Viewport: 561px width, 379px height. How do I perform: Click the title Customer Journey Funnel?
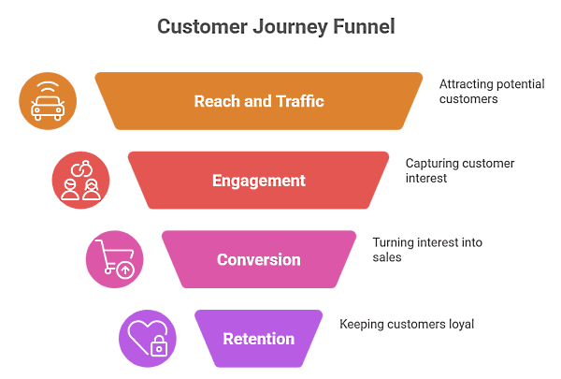click(276, 26)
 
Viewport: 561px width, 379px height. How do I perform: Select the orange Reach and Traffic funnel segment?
click(259, 101)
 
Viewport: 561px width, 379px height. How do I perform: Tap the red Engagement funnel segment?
click(259, 181)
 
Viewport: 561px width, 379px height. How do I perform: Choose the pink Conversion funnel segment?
click(259, 259)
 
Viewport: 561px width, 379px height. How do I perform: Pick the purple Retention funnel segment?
click(259, 338)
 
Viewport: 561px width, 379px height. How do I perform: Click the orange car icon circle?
click(48, 100)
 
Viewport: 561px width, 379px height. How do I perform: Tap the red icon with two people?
click(80, 180)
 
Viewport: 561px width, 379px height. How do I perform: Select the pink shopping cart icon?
click(114, 259)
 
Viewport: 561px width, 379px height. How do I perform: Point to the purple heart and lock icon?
click(148, 338)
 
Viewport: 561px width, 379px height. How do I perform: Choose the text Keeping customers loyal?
click(407, 325)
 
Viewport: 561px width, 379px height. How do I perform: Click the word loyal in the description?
click(459, 325)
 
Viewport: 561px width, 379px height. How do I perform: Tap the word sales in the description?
click(387, 256)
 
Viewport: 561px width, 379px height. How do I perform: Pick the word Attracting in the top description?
click(467, 84)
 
